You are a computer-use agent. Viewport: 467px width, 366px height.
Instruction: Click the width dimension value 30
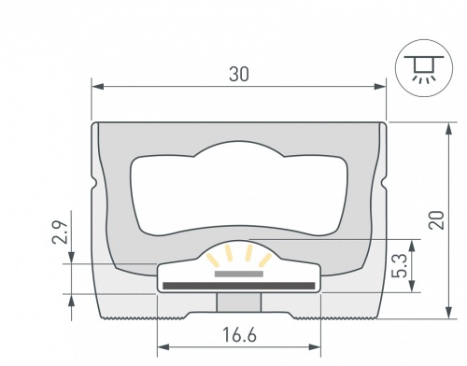(x=239, y=76)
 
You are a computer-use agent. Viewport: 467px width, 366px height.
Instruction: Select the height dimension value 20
(x=434, y=219)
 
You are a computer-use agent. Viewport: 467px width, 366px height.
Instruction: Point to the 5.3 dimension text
(x=400, y=264)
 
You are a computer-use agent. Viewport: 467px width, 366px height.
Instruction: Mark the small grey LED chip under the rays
(x=239, y=274)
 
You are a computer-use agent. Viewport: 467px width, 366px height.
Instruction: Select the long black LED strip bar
(x=239, y=283)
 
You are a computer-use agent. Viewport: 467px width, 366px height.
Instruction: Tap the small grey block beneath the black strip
(x=239, y=302)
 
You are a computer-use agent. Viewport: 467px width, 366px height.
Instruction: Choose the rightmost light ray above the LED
(x=266, y=260)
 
